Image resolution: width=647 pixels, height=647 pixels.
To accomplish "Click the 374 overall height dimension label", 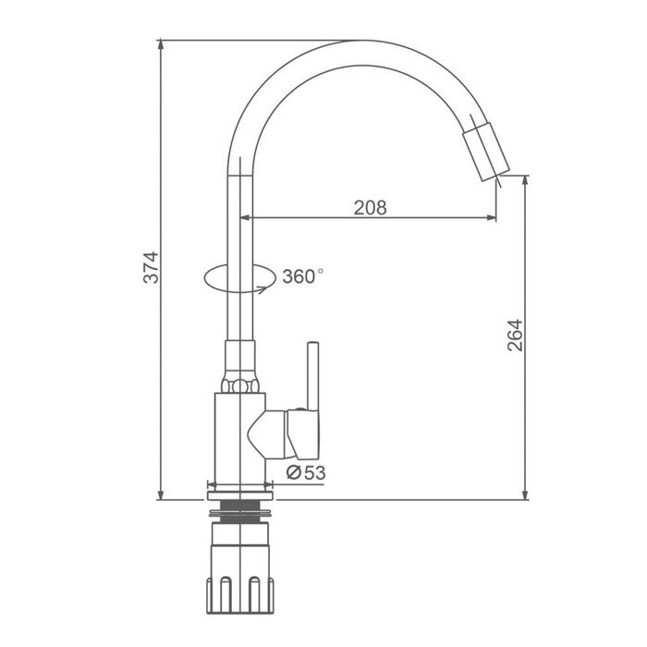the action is [151, 267].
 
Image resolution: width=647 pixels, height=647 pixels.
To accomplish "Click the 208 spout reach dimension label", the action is [370, 208].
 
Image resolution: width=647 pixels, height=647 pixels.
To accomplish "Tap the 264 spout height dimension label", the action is [515, 335].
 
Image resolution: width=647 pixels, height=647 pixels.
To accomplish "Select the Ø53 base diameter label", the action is [306, 473].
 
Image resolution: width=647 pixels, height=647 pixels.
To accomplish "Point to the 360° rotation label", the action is [303, 276].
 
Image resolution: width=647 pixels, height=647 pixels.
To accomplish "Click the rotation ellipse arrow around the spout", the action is [239, 278].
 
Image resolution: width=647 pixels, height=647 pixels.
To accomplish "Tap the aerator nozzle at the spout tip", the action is [486, 151].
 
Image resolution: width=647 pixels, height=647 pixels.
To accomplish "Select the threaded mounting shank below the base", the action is [239, 511].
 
